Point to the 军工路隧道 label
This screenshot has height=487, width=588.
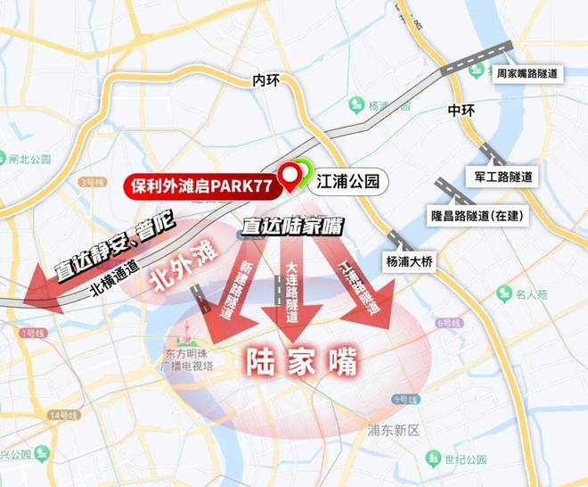click(x=505, y=177)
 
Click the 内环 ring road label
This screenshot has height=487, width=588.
click(x=266, y=80)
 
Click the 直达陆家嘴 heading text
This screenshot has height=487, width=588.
click(x=293, y=227)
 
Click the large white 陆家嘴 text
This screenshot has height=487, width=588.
click(x=301, y=361)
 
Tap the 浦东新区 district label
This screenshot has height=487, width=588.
click(x=393, y=430)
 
